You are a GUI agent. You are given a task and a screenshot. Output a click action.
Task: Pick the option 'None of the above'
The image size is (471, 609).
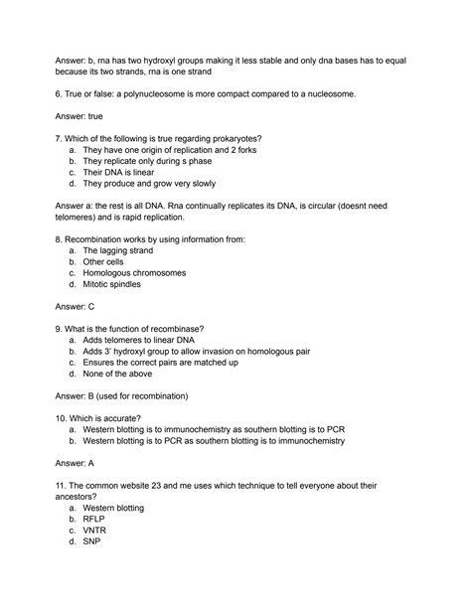[119, 383]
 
